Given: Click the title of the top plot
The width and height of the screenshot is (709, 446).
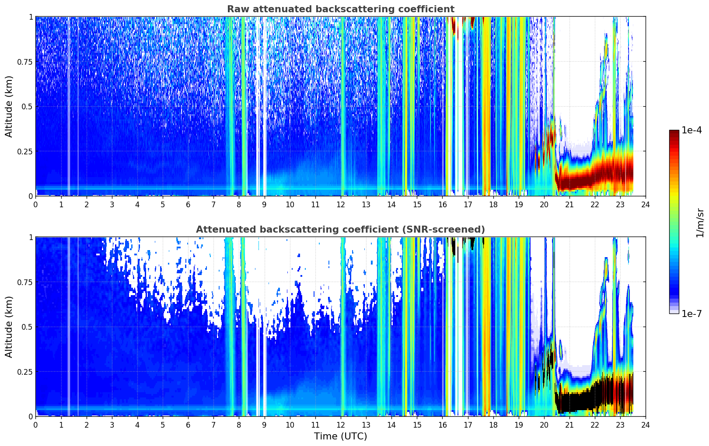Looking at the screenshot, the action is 341,9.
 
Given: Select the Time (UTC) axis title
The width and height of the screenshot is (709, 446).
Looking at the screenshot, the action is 341,436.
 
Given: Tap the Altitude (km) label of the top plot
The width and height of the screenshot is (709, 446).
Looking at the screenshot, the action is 9,107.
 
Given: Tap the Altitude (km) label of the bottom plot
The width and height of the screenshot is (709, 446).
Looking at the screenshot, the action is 9,327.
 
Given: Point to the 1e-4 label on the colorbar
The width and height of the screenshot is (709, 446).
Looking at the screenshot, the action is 692,130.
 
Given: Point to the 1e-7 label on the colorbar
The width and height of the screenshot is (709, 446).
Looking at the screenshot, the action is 692,314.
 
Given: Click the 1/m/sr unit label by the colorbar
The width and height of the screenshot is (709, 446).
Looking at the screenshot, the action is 700,223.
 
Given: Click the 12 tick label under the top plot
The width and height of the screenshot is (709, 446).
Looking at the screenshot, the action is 341,204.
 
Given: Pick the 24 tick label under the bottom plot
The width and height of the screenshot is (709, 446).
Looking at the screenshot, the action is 646,425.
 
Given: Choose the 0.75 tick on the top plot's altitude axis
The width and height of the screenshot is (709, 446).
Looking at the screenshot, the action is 24,62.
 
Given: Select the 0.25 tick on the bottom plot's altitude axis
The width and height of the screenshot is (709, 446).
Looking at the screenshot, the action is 24,372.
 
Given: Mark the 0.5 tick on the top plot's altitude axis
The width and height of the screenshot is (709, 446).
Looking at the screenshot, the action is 27,107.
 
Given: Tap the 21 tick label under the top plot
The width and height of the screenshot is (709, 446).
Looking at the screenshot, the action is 569,204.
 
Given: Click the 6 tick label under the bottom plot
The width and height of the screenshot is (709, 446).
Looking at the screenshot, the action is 188,425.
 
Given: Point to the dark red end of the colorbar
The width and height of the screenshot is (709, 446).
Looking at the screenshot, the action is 674,132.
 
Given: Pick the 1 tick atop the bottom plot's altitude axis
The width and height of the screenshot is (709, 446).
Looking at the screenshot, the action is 31,237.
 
